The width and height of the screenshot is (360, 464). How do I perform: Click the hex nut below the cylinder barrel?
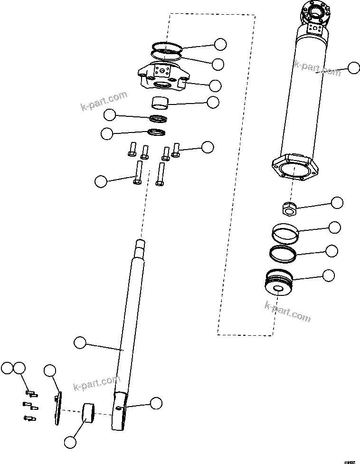pos(288,207)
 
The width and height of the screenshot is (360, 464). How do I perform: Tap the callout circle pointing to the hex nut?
pos(337,203)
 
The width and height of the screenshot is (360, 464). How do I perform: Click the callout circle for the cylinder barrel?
pos(353,68)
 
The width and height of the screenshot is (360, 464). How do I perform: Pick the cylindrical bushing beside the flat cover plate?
pos(89,412)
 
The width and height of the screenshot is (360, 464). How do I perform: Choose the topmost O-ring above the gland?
pos(167,47)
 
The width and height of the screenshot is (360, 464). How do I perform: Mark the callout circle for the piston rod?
pos(80,342)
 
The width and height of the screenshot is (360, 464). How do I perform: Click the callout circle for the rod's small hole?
pos(156,403)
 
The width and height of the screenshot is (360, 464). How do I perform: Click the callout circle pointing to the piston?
pos(328,275)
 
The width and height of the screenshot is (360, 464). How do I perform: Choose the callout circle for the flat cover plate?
pos(50,371)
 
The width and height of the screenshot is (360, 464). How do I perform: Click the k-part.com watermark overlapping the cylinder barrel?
pos(317,69)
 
